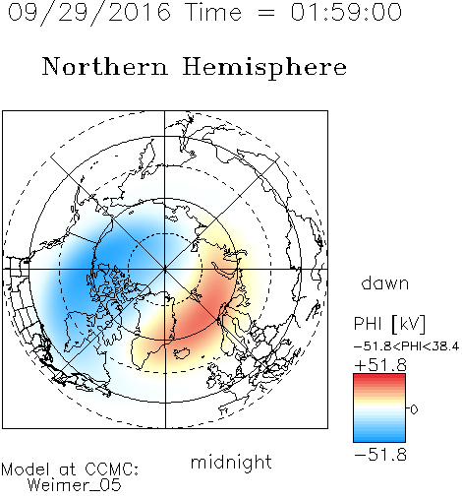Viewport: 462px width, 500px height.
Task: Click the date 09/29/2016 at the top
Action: (89, 13)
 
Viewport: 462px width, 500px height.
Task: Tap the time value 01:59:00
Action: (346, 12)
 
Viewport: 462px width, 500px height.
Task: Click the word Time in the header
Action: (213, 12)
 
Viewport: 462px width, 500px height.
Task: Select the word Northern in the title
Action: (105, 66)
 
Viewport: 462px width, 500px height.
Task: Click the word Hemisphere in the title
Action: (264, 68)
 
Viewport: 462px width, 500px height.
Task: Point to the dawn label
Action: (385, 282)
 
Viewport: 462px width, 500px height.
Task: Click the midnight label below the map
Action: (231, 463)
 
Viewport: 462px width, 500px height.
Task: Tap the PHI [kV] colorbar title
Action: (389, 324)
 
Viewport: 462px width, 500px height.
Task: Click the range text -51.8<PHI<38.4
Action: (406, 346)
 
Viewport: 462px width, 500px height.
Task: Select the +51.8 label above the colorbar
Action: (380, 365)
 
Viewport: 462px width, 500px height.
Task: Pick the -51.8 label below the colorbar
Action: (380, 455)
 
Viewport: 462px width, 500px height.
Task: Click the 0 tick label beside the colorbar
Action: (414, 409)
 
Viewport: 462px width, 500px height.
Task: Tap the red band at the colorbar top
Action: (379, 377)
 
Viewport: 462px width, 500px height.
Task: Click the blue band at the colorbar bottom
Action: (379, 438)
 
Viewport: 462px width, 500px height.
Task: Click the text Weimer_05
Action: (75, 485)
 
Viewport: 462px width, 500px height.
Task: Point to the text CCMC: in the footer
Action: (112, 469)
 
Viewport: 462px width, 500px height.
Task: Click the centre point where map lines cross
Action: (165, 269)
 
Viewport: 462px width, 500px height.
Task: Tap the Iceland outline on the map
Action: (182, 352)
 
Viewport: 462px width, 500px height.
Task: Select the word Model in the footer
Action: (26, 469)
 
